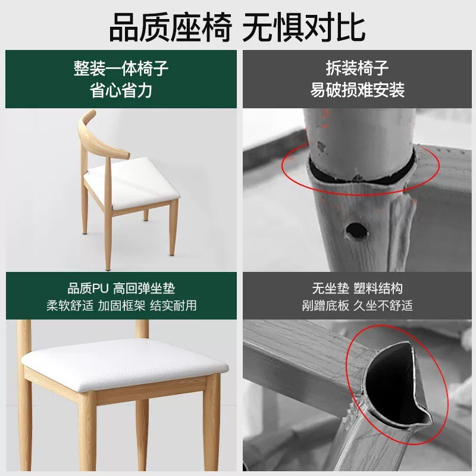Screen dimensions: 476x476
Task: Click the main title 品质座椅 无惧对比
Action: pos(237,28)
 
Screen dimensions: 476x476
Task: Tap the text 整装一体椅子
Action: pos(121,68)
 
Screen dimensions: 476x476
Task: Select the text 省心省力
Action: pos(121,90)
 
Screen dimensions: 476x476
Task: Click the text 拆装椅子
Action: pos(357,68)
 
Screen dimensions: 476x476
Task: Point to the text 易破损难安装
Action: pos(358,90)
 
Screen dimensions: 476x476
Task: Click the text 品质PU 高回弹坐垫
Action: pos(121,289)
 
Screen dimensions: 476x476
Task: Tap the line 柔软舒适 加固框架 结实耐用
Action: pos(121,305)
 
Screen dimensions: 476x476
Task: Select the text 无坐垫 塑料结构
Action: pos(358,289)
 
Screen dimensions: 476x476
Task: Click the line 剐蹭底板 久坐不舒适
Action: pos(358,305)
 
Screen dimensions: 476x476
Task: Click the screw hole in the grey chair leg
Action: pos(356,231)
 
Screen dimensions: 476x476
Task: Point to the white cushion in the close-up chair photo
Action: pos(124,364)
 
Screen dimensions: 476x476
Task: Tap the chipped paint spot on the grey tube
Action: pos(321,147)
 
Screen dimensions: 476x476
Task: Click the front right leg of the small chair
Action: pos(173,228)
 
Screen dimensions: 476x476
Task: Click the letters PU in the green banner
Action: pos(100,289)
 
